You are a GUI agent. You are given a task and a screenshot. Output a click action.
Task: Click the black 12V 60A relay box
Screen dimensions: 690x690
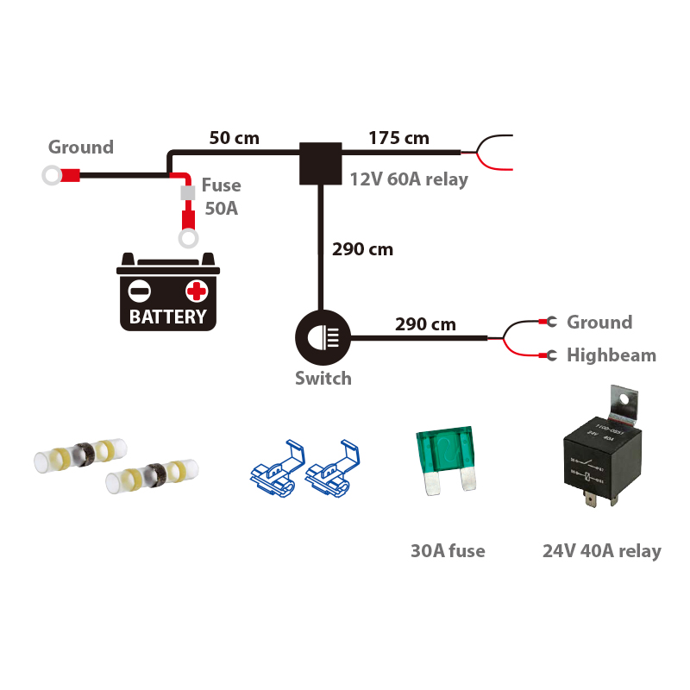tap(320, 163)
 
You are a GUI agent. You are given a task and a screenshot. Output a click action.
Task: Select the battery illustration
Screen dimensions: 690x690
tap(167, 293)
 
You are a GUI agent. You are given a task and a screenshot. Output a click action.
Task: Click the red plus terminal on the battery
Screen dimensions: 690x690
tap(197, 291)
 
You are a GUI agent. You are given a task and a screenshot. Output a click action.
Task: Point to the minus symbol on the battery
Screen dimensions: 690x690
tap(140, 291)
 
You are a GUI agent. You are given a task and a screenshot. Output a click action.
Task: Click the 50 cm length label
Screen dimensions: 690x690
tap(234, 138)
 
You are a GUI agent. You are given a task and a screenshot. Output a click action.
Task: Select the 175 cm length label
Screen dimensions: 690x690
tap(398, 138)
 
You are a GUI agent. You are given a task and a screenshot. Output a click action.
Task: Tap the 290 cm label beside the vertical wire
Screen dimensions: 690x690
tap(362, 250)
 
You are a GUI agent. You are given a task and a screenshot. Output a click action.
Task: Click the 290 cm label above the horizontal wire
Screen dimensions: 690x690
tap(425, 325)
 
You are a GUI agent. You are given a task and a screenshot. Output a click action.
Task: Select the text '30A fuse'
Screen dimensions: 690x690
tap(448, 550)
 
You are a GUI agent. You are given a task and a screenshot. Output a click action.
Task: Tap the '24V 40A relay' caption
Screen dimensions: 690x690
tap(602, 550)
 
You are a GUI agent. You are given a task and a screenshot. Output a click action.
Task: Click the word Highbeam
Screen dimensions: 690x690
tap(611, 355)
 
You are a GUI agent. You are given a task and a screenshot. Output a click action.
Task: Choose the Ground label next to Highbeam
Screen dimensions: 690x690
tap(599, 323)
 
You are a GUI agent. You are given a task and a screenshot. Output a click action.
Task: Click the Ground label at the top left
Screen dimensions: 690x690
tap(81, 147)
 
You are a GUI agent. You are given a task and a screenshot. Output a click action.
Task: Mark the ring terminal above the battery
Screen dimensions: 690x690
tap(187, 237)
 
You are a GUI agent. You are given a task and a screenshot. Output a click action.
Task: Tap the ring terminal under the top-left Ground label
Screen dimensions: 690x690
tap(51, 176)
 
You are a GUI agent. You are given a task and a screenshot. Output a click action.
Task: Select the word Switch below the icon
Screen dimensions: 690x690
tap(323, 378)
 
